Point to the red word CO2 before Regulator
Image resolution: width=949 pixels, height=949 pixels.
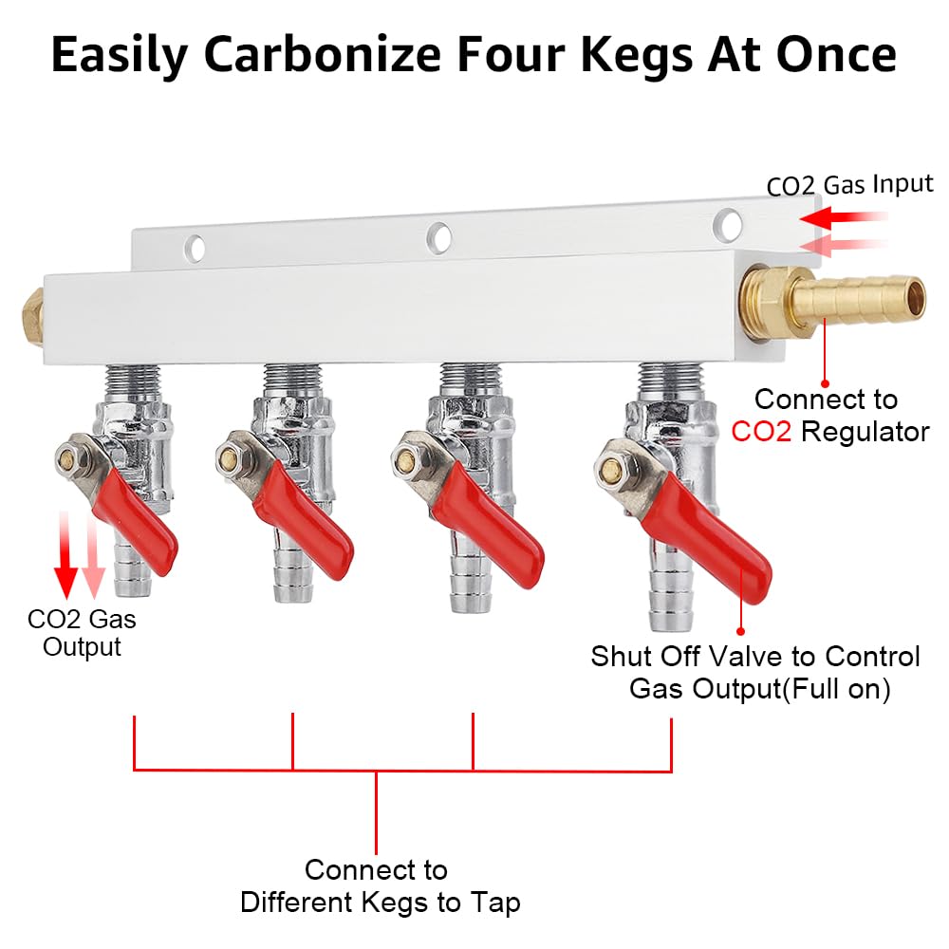click(x=762, y=433)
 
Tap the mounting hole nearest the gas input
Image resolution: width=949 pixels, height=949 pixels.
click(x=728, y=224)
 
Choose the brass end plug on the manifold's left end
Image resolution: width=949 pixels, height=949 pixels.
click(x=31, y=309)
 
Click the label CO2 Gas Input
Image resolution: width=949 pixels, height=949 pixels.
click(x=849, y=183)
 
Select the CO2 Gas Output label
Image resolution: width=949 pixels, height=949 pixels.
click(x=82, y=633)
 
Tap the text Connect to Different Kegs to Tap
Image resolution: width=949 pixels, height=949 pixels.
click(x=380, y=885)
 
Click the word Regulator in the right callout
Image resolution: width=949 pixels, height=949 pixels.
click(x=865, y=433)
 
